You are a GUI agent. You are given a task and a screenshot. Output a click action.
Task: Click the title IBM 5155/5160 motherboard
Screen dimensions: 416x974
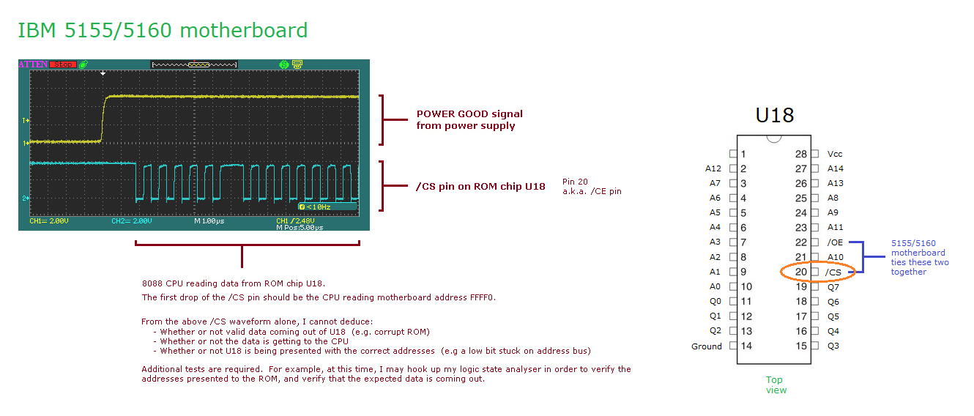tap(162, 31)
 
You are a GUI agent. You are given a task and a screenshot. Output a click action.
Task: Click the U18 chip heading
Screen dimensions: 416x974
tap(774, 115)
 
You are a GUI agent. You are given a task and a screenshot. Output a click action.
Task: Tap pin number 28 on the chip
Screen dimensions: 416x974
tap(801, 154)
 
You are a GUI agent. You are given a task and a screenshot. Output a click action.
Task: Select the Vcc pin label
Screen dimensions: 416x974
tap(835, 154)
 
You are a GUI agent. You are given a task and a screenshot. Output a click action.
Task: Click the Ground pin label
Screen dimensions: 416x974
tap(706, 346)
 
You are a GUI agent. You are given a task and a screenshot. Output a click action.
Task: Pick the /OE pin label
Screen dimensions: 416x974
tap(835, 242)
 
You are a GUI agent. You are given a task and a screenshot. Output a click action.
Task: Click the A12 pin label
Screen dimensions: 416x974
tap(713, 168)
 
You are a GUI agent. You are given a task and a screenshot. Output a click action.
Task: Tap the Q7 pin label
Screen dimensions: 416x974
tap(833, 287)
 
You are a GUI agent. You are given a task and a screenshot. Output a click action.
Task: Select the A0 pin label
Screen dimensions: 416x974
tap(715, 286)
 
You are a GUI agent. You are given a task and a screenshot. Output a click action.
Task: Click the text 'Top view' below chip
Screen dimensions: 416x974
tap(776, 385)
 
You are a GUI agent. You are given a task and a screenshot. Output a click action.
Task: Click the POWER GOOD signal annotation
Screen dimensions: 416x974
tap(469, 119)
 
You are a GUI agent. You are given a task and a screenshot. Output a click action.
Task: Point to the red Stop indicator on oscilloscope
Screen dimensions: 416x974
tap(63, 64)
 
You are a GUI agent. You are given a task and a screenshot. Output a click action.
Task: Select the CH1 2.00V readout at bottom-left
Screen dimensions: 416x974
tap(49, 220)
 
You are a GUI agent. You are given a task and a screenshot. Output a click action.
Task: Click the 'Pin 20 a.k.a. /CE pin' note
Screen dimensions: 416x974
tap(592, 186)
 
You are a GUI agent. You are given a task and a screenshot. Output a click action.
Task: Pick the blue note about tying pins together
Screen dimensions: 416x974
tap(919, 257)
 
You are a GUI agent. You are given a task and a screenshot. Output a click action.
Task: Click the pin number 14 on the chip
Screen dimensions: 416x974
tap(746, 346)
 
